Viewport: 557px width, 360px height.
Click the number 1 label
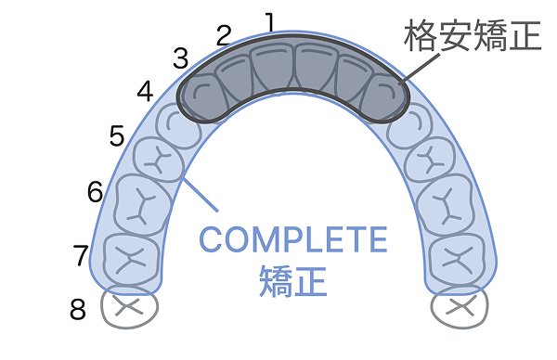270,19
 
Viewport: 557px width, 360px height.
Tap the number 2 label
223,35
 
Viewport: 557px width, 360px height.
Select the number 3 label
180,58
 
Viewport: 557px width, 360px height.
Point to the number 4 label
145,92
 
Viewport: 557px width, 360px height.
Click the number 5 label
116,136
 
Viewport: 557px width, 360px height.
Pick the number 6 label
95,192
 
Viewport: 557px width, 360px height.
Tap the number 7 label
81,252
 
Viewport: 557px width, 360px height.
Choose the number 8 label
78,309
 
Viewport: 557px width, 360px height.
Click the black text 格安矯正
472,37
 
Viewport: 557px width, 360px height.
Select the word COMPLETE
292,240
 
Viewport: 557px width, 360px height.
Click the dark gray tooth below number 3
202,96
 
